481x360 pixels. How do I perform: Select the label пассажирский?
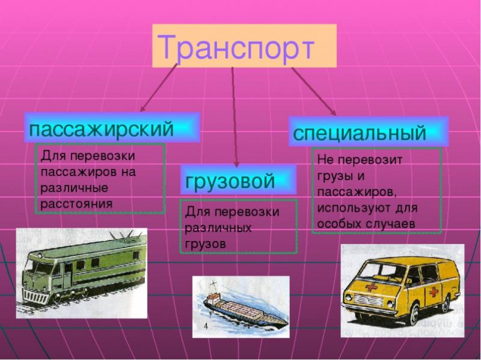102,128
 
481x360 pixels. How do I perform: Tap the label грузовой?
230,181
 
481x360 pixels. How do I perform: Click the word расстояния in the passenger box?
76,203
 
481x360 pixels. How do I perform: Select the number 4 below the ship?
206,326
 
